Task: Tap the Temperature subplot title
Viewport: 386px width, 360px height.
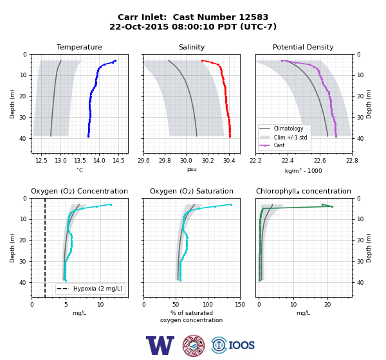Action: tap(79, 47)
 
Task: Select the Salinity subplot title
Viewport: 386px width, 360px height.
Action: tap(192, 47)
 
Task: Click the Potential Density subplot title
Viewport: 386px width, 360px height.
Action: tap(303, 47)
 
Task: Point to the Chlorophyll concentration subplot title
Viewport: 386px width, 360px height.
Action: tap(303, 191)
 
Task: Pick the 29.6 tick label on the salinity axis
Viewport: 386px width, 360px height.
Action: tap(143, 161)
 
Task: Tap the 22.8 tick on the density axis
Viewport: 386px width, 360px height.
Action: tap(352, 161)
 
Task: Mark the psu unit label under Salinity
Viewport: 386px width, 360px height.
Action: tap(192, 169)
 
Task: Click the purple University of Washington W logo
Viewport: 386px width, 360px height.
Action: tap(160, 345)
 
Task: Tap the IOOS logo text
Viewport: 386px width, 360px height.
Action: tap(241, 345)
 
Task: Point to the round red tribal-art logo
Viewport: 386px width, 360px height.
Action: tap(194, 345)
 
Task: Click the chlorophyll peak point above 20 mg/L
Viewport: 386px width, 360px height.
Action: tap(332, 206)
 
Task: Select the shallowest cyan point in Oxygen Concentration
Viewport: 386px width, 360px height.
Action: tap(111, 204)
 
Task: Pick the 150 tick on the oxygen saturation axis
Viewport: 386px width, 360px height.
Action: tap(240, 305)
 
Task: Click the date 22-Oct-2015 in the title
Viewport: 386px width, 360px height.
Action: tap(139, 26)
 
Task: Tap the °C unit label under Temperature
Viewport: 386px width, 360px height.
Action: tap(80, 170)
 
